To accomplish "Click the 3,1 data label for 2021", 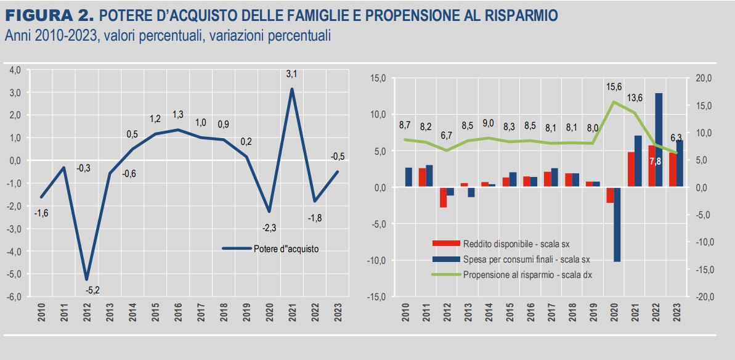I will pos(291,75).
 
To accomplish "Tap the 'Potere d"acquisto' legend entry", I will pos(286,248).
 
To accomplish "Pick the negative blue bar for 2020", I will pos(617,224).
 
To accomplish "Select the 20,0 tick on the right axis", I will pos(703,78).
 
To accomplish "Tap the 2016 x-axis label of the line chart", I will pos(179,314).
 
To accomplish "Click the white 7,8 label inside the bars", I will pos(656,162).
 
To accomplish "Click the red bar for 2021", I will pos(631,170).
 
